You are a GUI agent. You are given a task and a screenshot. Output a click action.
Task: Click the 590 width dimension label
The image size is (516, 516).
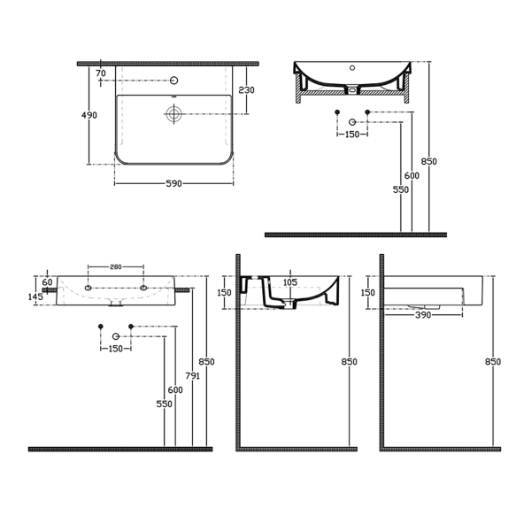[173, 183]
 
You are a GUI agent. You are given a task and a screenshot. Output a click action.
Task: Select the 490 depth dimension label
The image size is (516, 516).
[89, 115]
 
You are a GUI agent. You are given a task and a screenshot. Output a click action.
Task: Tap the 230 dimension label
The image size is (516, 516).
[246, 90]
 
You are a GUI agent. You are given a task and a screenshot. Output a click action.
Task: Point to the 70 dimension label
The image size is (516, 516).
[101, 73]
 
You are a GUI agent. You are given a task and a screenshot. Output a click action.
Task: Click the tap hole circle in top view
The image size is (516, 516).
[173, 81]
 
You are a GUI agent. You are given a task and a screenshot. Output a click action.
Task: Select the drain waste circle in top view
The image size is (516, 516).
[173, 114]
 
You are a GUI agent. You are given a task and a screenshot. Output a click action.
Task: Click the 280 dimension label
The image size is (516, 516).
[116, 267]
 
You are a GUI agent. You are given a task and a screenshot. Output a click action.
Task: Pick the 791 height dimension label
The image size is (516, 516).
[192, 375]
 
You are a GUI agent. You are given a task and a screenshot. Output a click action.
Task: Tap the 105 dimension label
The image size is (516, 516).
[290, 282]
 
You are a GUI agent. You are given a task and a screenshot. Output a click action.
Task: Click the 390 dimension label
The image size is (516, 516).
[423, 315]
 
